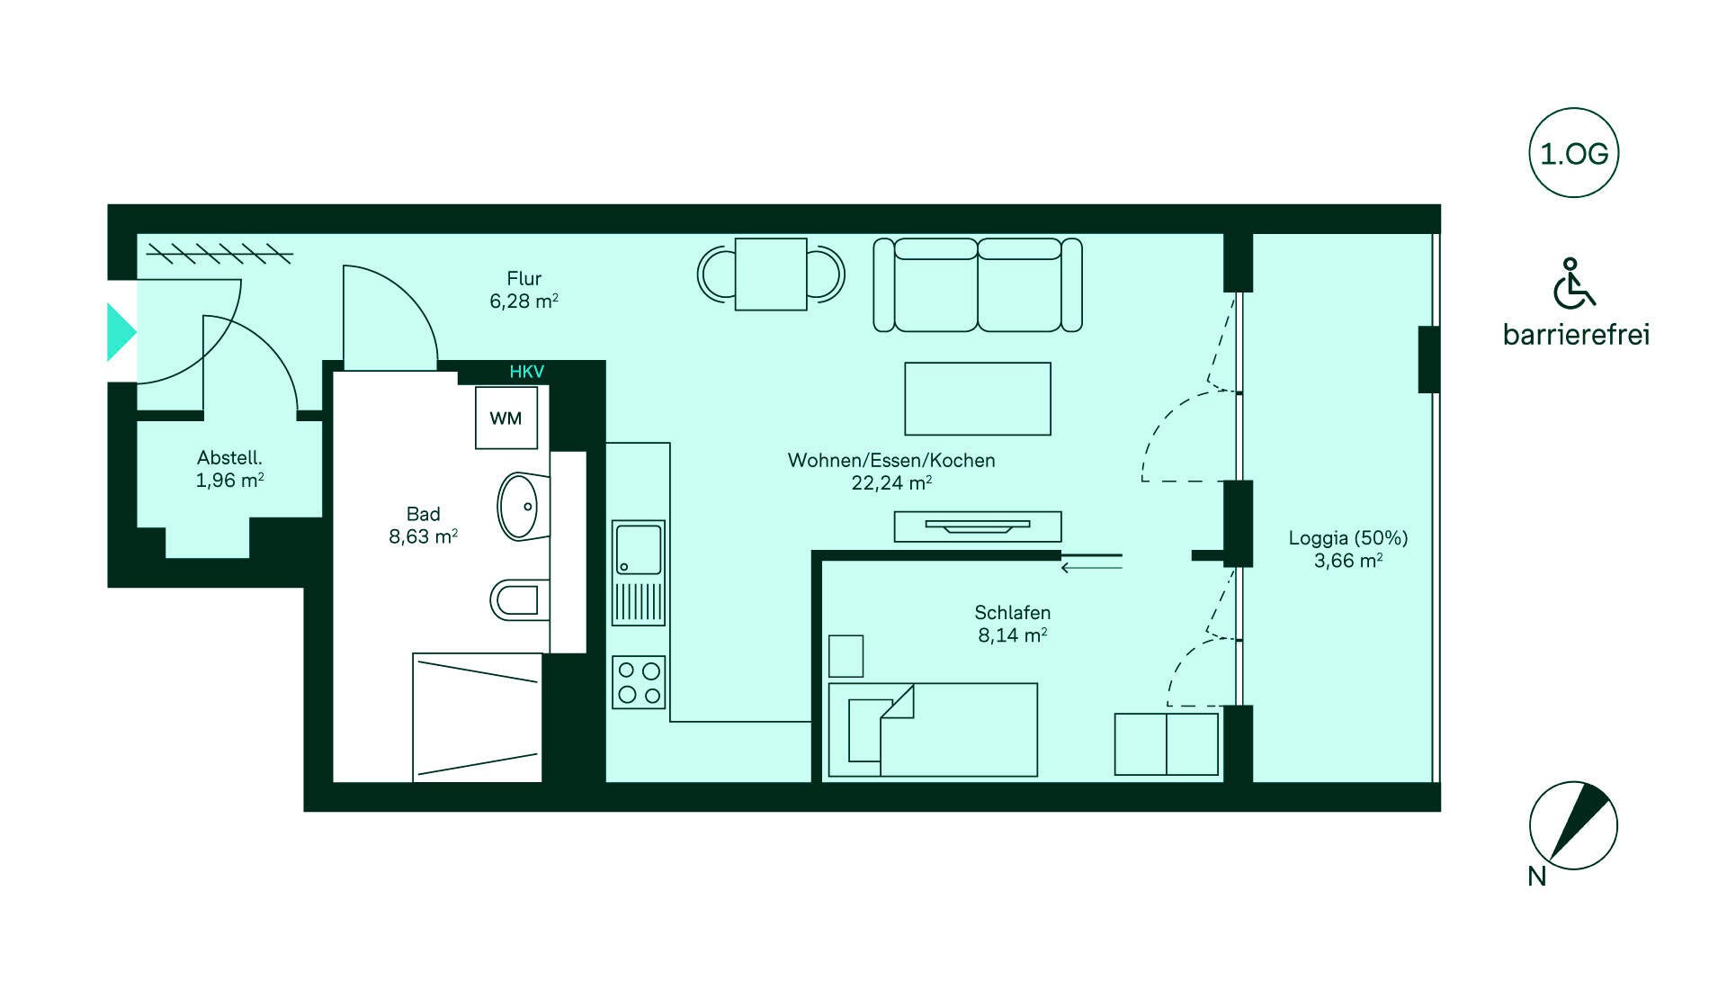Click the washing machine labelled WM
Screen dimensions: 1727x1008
click(506, 418)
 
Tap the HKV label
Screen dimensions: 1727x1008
click(526, 372)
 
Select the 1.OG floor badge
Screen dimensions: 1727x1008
click(1574, 153)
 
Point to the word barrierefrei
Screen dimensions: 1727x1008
click(1576, 335)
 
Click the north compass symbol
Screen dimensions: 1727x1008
click(1573, 825)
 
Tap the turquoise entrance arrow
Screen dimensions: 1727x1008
click(121, 332)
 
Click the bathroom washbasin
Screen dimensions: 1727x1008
click(520, 506)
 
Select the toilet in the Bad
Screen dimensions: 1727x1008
click(520, 599)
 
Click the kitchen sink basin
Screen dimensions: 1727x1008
click(639, 548)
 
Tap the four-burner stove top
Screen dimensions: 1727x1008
click(639, 682)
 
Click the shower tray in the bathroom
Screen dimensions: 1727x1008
click(478, 717)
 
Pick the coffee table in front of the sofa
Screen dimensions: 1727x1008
click(978, 399)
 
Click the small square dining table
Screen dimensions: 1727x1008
click(771, 274)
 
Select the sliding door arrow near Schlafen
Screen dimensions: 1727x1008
click(1092, 568)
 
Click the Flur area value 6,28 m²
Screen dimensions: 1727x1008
click(524, 301)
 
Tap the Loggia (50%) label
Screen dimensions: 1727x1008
click(1348, 538)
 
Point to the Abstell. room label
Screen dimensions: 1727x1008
click(229, 458)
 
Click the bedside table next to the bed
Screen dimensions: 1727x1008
click(846, 656)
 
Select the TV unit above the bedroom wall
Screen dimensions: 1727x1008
click(978, 526)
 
